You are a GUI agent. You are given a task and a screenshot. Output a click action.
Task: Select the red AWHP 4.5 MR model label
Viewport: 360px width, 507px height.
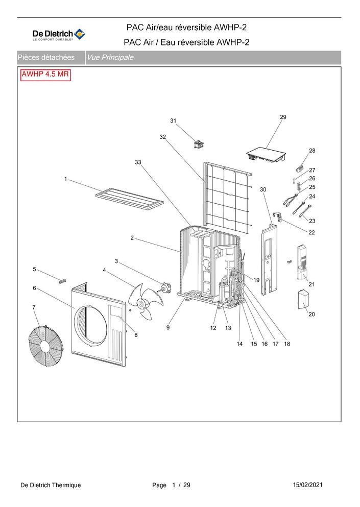[45, 75]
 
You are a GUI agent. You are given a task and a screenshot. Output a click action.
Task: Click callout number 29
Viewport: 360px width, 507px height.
[283, 117]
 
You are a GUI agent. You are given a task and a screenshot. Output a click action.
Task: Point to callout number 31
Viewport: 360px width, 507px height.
[173, 120]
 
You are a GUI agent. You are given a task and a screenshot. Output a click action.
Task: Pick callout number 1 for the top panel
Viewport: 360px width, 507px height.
[66, 179]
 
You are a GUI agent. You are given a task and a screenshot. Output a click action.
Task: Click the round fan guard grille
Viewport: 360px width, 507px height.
[47, 346]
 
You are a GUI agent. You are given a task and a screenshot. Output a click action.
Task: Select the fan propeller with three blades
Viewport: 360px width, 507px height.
[145, 301]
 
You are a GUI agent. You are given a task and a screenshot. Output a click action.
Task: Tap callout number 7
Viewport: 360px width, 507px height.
[34, 307]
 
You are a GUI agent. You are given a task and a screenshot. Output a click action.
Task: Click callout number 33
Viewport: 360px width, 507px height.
[138, 162]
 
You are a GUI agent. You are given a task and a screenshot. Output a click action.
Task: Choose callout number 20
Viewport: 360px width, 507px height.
[311, 314]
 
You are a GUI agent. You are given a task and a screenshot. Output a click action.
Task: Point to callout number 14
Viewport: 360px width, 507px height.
[239, 344]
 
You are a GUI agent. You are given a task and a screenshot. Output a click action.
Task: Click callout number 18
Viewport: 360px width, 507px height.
[287, 344]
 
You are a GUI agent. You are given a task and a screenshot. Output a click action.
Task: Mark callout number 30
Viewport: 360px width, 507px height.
[263, 189]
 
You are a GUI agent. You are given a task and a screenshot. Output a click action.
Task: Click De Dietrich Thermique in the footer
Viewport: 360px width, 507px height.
[51, 485]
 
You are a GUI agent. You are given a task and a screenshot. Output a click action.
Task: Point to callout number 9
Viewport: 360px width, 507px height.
[168, 327]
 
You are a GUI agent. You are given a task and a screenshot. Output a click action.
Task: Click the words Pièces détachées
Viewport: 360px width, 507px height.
[46, 58]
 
